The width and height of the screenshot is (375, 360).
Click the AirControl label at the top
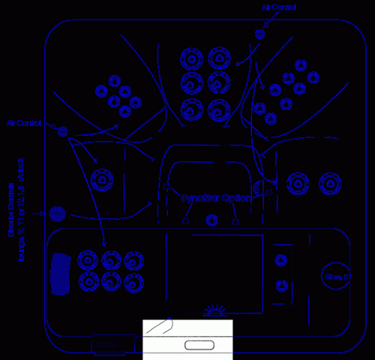[278, 7]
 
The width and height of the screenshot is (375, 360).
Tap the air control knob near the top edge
[260, 34]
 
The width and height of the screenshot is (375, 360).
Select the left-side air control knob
[64, 131]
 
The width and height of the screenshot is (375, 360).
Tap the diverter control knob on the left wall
[58, 214]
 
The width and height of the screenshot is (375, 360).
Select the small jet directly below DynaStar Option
[211, 220]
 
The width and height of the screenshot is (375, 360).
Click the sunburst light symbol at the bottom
[214, 310]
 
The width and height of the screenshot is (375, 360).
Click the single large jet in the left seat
[101, 180]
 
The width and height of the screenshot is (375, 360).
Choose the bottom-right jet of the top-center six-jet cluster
[218, 106]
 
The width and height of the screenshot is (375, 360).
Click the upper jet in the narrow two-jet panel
[281, 259]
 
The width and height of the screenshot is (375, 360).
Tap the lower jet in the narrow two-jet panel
[281, 284]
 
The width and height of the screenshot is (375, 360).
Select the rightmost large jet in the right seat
[328, 182]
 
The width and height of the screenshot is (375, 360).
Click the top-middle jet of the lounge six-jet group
[112, 259]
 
